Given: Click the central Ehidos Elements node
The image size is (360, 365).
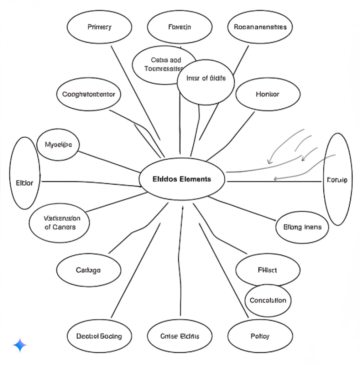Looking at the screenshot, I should tap(182, 179).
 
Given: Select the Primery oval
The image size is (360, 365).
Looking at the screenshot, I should tap(99, 27).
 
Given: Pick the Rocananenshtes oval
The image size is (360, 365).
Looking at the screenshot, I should tap(260, 27).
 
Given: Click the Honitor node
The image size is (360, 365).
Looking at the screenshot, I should tap(267, 94).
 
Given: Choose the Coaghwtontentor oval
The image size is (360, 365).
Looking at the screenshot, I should tap(89, 94).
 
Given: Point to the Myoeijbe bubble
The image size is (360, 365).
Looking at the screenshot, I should tap(58, 145).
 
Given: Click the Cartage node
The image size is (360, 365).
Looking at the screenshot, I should tap(88, 270).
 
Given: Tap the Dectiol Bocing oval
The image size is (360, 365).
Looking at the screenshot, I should tap(99, 336).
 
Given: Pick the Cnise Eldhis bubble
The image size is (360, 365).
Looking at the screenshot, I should tap(179, 336).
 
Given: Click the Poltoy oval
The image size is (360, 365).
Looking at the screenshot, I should tap(260, 336).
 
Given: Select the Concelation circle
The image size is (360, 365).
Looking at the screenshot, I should tap(268, 300).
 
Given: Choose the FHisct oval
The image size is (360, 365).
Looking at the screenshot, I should tap(267, 270).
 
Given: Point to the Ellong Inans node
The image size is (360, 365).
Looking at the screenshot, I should tap(302, 227).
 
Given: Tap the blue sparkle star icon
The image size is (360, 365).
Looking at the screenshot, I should tap(20, 345).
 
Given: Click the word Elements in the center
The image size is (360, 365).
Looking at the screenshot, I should tap(195, 179).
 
